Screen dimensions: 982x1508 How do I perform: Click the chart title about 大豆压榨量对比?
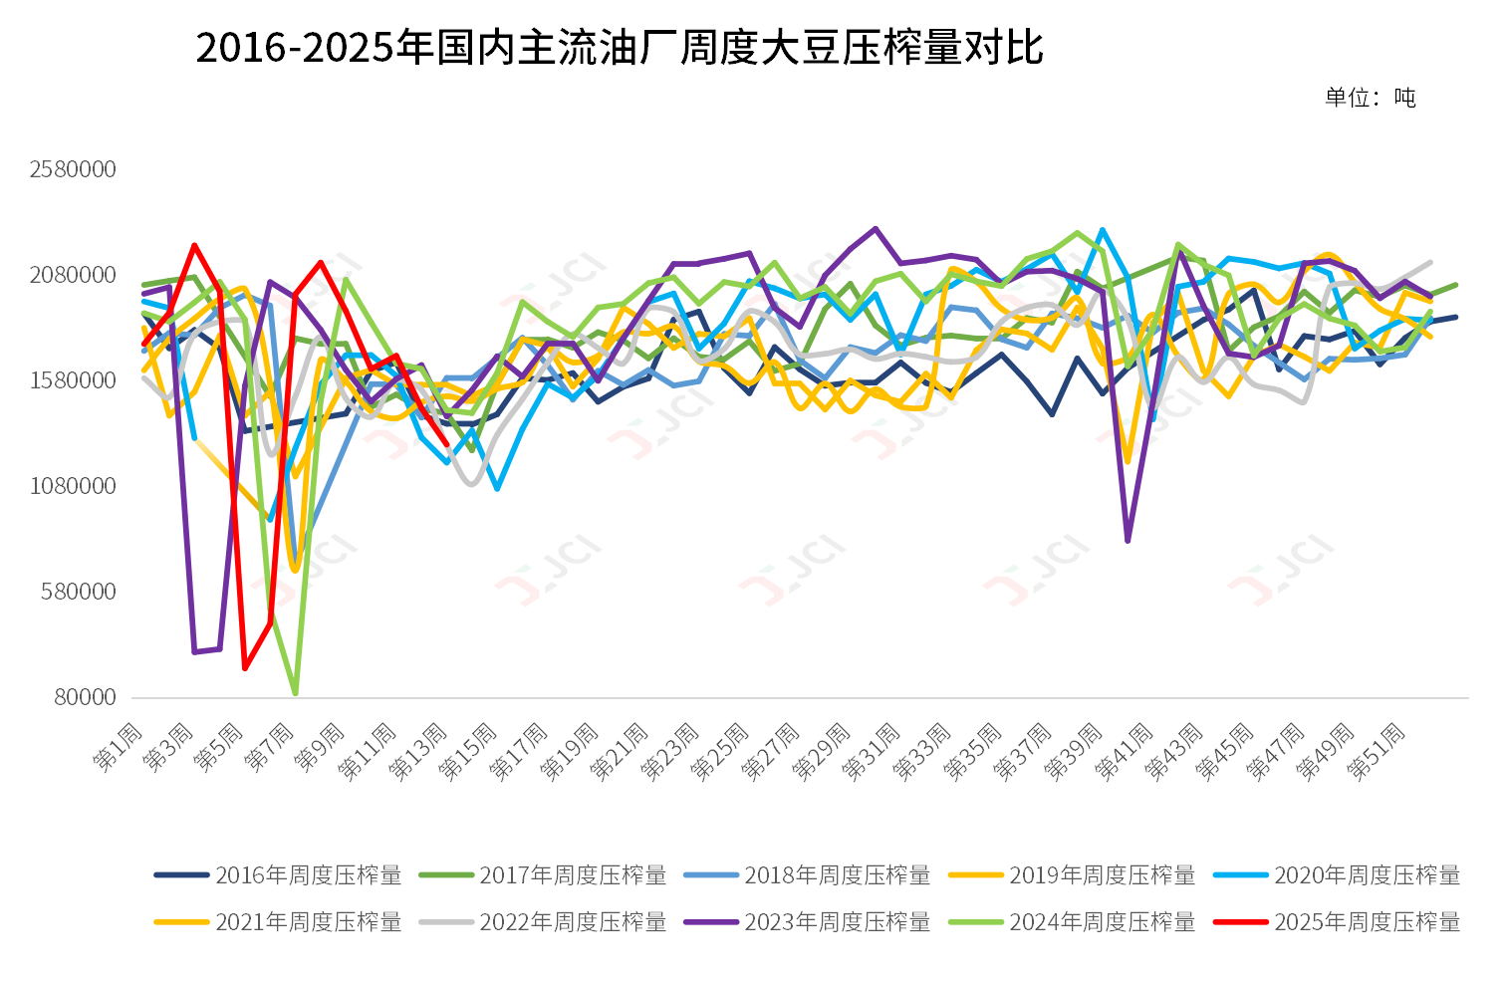(619, 48)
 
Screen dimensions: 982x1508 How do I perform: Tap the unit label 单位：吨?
(1370, 98)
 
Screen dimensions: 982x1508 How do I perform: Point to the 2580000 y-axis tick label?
(73, 169)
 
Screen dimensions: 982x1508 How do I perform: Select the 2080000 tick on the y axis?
(73, 275)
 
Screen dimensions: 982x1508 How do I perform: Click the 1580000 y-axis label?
(73, 380)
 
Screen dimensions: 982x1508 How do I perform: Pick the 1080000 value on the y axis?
(73, 486)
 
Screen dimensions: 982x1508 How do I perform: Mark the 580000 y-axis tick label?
(79, 592)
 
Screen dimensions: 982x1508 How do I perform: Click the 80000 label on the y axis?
(85, 697)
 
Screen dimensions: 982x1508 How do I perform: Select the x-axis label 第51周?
(1378, 751)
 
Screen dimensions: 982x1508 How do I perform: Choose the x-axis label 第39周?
(1074, 751)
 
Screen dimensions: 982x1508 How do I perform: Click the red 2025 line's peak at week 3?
(194, 245)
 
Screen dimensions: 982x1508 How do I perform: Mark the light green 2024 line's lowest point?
(296, 692)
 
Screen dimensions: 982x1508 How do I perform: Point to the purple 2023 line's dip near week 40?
(1128, 541)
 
